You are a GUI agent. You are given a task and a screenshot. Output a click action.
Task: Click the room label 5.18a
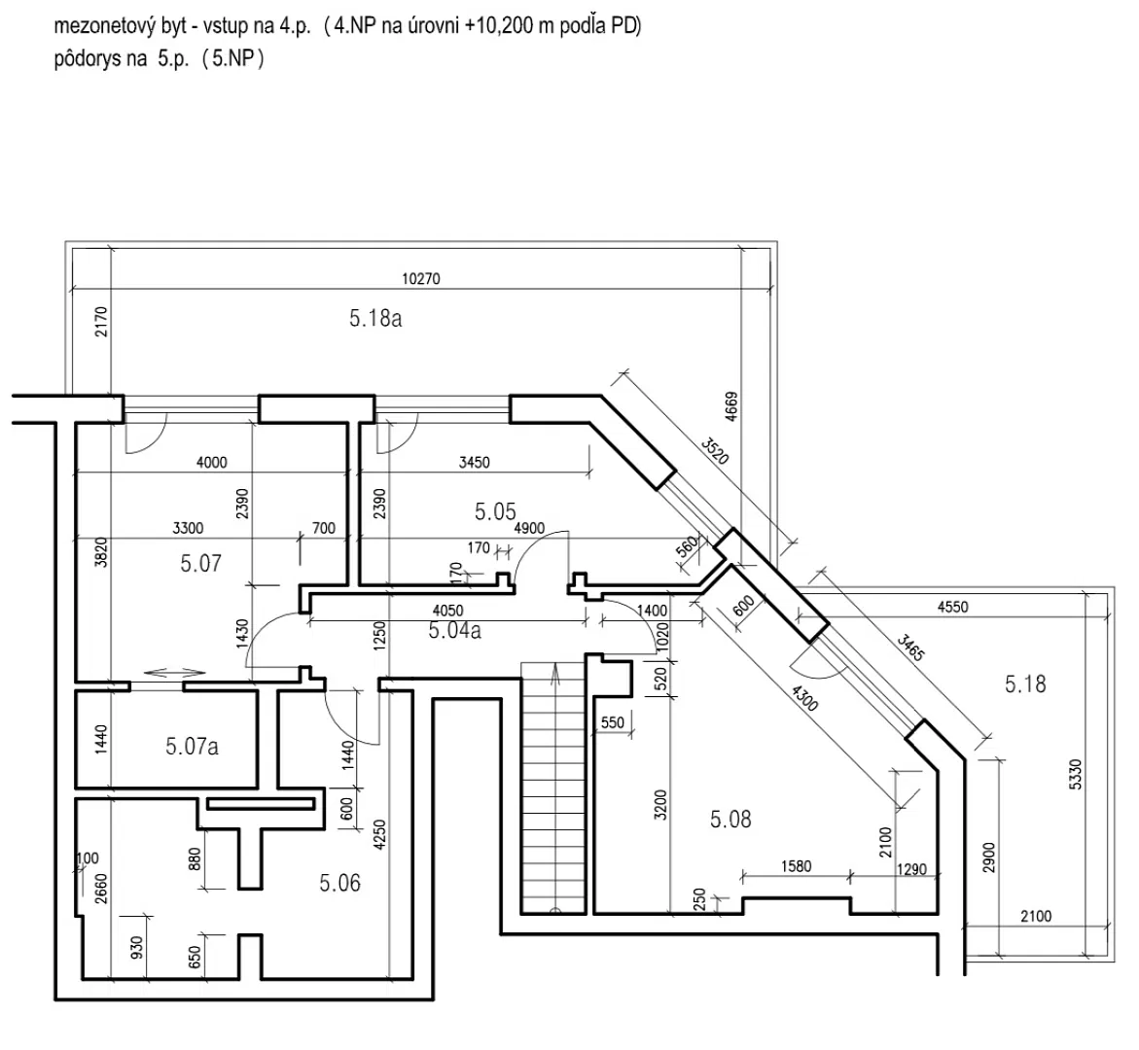tap(374, 318)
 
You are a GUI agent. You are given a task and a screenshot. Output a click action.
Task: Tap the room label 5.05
tap(495, 511)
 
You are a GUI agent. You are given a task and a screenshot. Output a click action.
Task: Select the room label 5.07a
tap(192, 746)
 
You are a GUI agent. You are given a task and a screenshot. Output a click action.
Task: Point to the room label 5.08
tap(730, 819)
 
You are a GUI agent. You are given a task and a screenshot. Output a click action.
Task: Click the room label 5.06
tap(340, 883)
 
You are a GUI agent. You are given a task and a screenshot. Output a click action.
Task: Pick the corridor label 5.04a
tap(455, 630)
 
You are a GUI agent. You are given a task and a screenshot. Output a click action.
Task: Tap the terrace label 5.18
tap(1025, 683)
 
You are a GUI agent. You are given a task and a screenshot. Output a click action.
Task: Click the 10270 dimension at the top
tap(421, 278)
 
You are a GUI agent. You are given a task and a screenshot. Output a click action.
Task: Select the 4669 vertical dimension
tap(731, 406)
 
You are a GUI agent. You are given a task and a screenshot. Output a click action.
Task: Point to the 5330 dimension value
tap(1076, 774)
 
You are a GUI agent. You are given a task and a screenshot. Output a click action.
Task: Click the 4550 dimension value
tap(952, 607)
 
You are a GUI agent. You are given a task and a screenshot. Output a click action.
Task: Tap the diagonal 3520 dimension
tap(715, 450)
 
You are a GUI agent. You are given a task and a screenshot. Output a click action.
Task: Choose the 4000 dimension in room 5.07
tap(212, 462)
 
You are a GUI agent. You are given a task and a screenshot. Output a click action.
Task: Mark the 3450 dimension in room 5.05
tap(475, 462)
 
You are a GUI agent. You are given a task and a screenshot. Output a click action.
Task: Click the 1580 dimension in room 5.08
tap(797, 866)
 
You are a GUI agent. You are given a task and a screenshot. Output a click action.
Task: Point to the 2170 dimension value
tap(101, 322)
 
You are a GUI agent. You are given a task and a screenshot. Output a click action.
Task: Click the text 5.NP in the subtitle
tap(233, 58)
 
